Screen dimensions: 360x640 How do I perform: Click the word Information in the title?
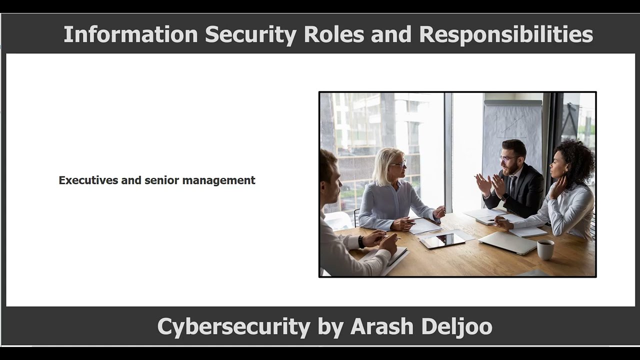[x=130, y=34]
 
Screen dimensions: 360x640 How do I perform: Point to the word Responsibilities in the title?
[x=506, y=34]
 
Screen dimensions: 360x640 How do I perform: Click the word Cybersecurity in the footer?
[x=233, y=326]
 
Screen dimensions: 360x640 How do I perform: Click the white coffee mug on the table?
[x=545, y=249]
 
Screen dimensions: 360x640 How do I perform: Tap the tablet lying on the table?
[x=442, y=240]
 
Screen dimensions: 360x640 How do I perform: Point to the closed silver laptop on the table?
[x=507, y=242]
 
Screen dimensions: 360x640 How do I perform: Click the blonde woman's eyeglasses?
[x=398, y=164]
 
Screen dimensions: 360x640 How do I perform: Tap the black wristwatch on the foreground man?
[x=361, y=242]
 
